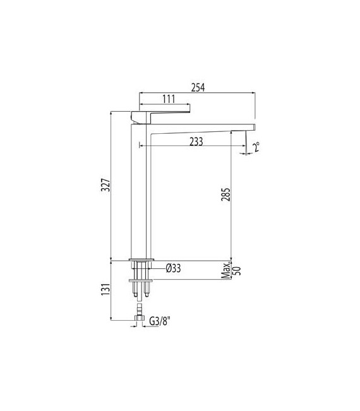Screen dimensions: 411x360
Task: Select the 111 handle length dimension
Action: [x=167, y=100]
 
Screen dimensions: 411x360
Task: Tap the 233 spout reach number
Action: [x=195, y=142]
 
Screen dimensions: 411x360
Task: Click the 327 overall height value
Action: [x=107, y=185]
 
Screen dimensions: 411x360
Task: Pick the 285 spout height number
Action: [x=227, y=195]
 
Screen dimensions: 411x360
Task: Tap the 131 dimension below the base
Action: [x=107, y=289]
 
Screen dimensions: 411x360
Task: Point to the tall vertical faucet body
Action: [x=140, y=189]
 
